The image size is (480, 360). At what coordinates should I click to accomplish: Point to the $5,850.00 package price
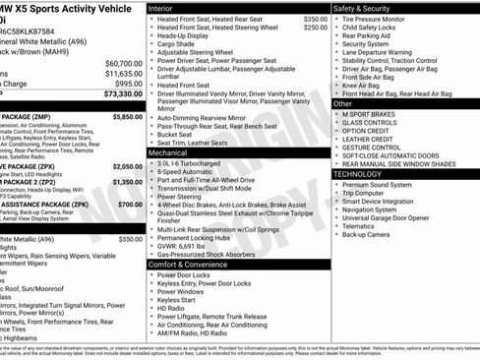[x=127, y=116]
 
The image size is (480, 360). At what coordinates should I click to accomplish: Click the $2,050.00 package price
[x=127, y=168]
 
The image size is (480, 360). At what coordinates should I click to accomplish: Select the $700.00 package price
[x=132, y=204]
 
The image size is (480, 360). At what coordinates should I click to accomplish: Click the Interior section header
[x=160, y=8]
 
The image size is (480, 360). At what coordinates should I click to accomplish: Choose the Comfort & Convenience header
[x=188, y=265]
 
